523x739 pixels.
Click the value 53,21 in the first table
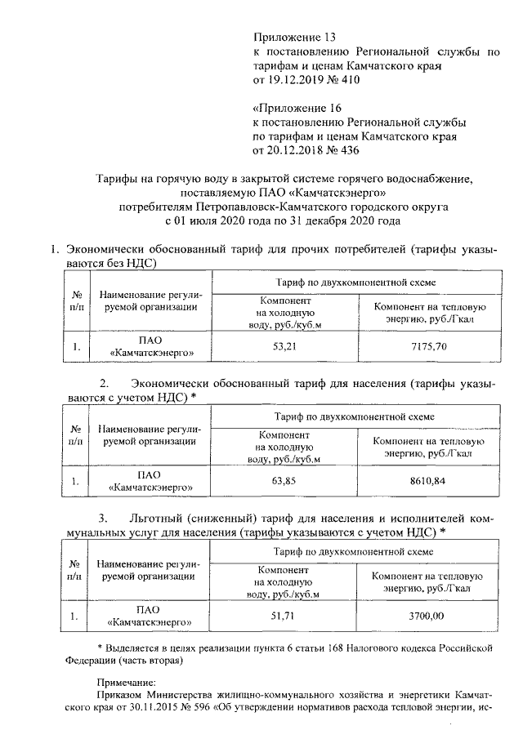pyautogui.click(x=283, y=346)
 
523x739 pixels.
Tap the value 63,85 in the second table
pyautogui.click(x=283, y=481)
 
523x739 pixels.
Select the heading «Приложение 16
pyautogui.click(x=296, y=108)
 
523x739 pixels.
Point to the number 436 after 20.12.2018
pyautogui.click(x=349, y=150)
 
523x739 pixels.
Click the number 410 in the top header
pyautogui.click(x=349, y=80)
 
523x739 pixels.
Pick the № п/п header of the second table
pyautogui.click(x=76, y=434)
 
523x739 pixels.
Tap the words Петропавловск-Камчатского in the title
pyautogui.click(x=252, y=207)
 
